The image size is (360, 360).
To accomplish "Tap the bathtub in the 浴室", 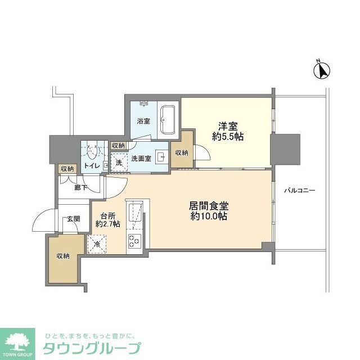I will [x=167, y=119].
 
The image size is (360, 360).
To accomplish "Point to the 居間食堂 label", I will [x=208, y=205].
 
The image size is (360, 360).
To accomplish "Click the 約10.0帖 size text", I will [x=208, y=216].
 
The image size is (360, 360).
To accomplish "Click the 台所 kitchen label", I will [x=107, y=214].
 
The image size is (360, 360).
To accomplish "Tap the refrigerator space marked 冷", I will [x=96, y=243].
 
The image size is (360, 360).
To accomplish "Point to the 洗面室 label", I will [x=141, y=159].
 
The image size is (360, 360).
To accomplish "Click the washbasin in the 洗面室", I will [x=160, y=158].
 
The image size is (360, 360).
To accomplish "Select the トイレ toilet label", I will [x=92, y=165].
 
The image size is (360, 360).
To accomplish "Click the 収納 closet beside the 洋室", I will [x=180, y=152].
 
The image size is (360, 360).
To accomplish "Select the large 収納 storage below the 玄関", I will [x=63, y=256].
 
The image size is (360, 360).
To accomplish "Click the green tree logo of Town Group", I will [x=19, y=341].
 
